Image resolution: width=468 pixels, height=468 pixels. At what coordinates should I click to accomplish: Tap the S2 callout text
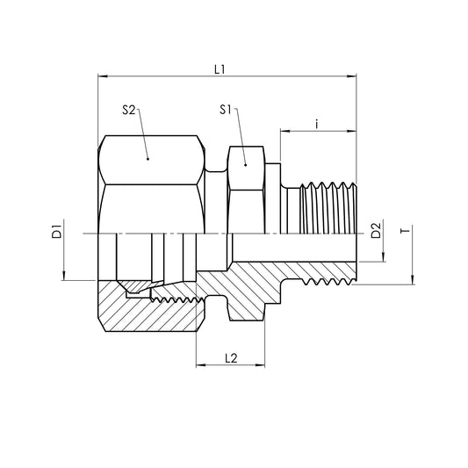tap(128, 111)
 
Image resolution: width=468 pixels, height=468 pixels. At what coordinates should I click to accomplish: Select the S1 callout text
tap(226, 111)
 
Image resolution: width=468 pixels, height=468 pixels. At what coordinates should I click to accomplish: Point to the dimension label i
tap(316, 124)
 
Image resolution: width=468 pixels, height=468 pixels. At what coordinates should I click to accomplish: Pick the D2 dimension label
tap(376, 232)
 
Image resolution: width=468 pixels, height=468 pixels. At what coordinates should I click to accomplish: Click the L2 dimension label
tap(231, 357)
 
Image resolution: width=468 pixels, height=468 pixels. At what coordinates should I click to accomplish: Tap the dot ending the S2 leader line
tap(148, 159)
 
